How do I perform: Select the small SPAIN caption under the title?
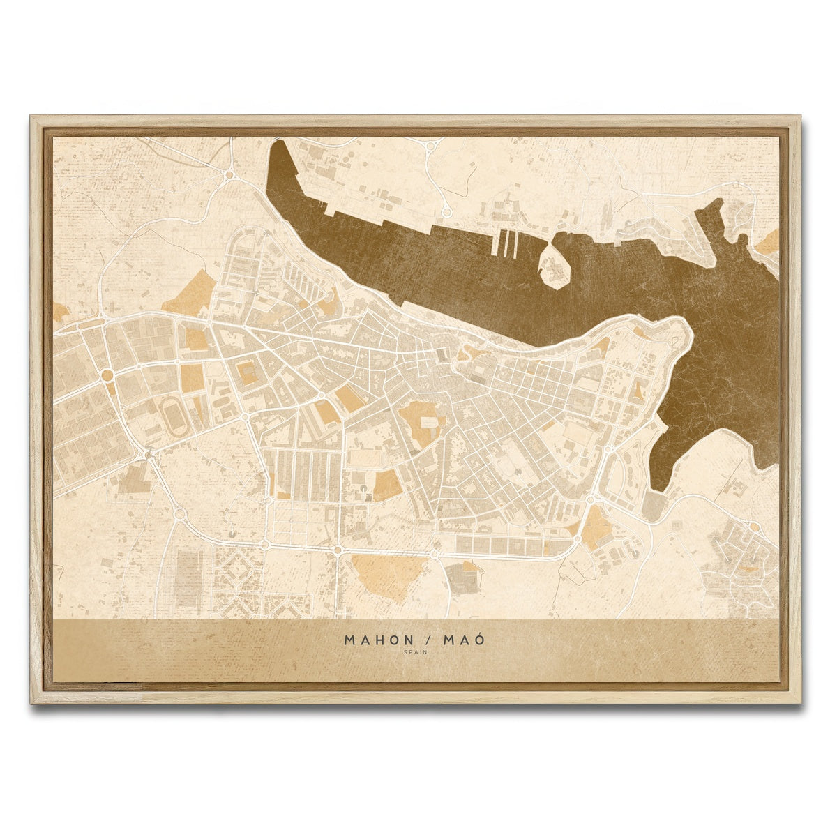(416, 652)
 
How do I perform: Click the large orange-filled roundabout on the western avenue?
(107, 375)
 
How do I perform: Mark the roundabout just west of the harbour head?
(229, 175)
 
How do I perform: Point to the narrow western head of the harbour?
(280, 151)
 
